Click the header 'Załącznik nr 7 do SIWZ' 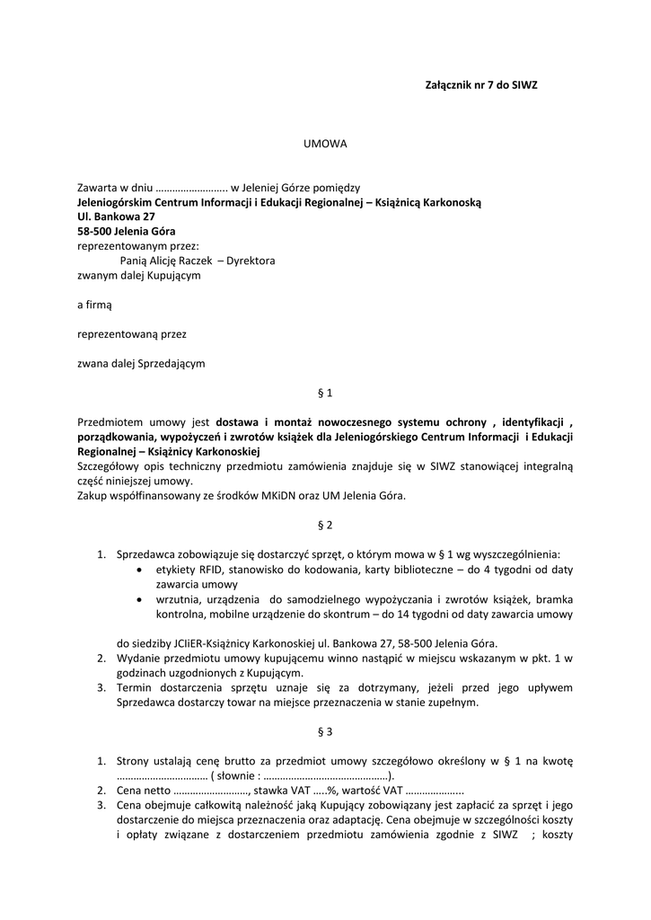[x=480, y=84]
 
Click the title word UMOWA [x=325, y=144]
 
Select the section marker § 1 [x=325, y=393]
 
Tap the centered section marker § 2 [x=325, y=525]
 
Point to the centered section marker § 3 [x=325, y=731]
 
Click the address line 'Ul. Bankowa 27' [x=117, y=217]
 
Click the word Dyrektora [x=251, y=261]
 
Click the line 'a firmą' [x=95, y=305]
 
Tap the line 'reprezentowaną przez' [x=132, y=334]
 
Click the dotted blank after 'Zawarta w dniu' [x=192, y=189]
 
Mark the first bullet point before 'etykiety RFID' [x=137, y=570]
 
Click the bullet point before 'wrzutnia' [x=137, y=599]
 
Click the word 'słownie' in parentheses [x=236, y=776]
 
